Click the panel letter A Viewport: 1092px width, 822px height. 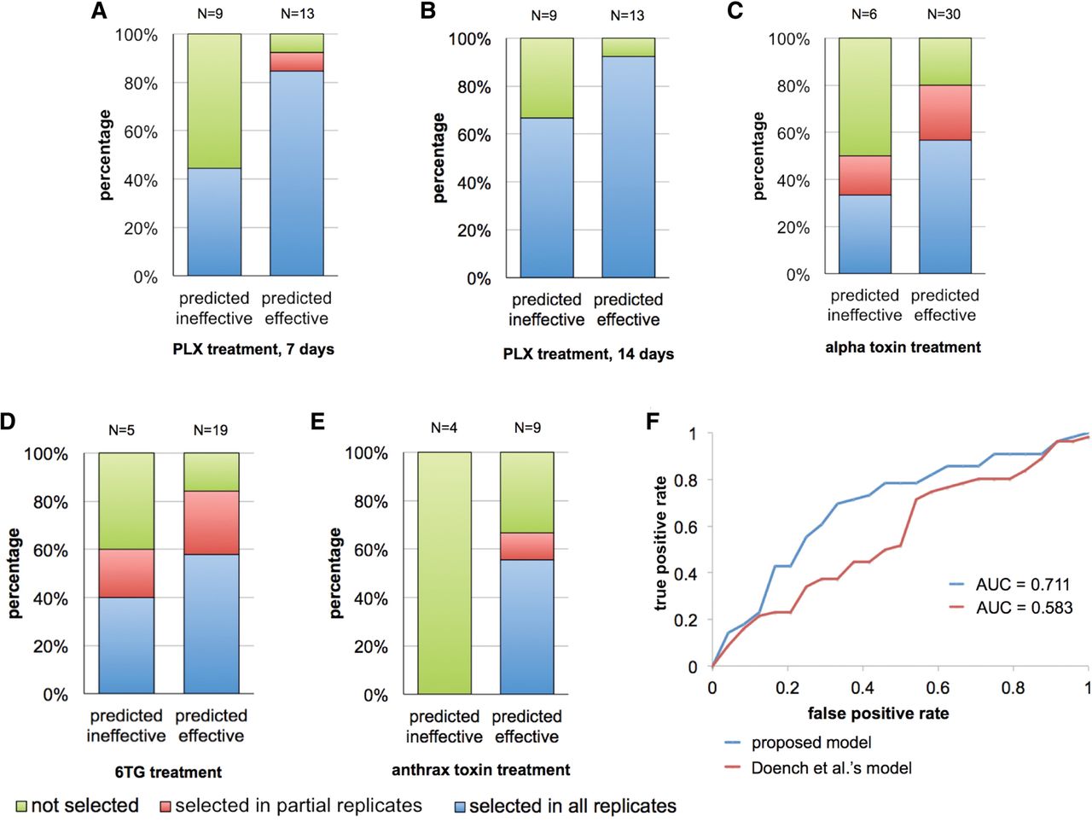pos(99,11)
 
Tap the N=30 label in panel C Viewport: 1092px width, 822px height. pos(944,15)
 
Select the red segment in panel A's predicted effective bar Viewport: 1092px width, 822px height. pos(297,61)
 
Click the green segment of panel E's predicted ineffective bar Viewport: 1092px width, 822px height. pos(444,573)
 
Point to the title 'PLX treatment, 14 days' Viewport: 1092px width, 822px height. pos(589,354)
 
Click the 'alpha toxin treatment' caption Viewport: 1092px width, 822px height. pos(903,347)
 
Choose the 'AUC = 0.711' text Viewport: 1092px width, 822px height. pos(1022,584)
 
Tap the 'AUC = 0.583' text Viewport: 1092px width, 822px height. pos(1024,608)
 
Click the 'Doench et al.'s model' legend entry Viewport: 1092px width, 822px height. pos(831,767)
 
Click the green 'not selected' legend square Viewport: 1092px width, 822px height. pos(22,806)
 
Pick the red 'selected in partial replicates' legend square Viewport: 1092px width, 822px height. pos(166,806)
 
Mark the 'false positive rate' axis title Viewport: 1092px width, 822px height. pos(878,714)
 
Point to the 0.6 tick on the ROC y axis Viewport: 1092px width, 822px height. pos(685,526)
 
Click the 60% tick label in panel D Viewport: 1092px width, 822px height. pos(49,550)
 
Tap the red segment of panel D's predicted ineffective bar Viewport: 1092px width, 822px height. pos(126,574)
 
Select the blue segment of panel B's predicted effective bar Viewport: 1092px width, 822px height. pos(629,166)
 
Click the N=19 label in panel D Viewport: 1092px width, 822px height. pos(211,430)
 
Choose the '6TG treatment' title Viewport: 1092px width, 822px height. pos(168,772)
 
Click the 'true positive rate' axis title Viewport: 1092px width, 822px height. pos(660,543)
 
